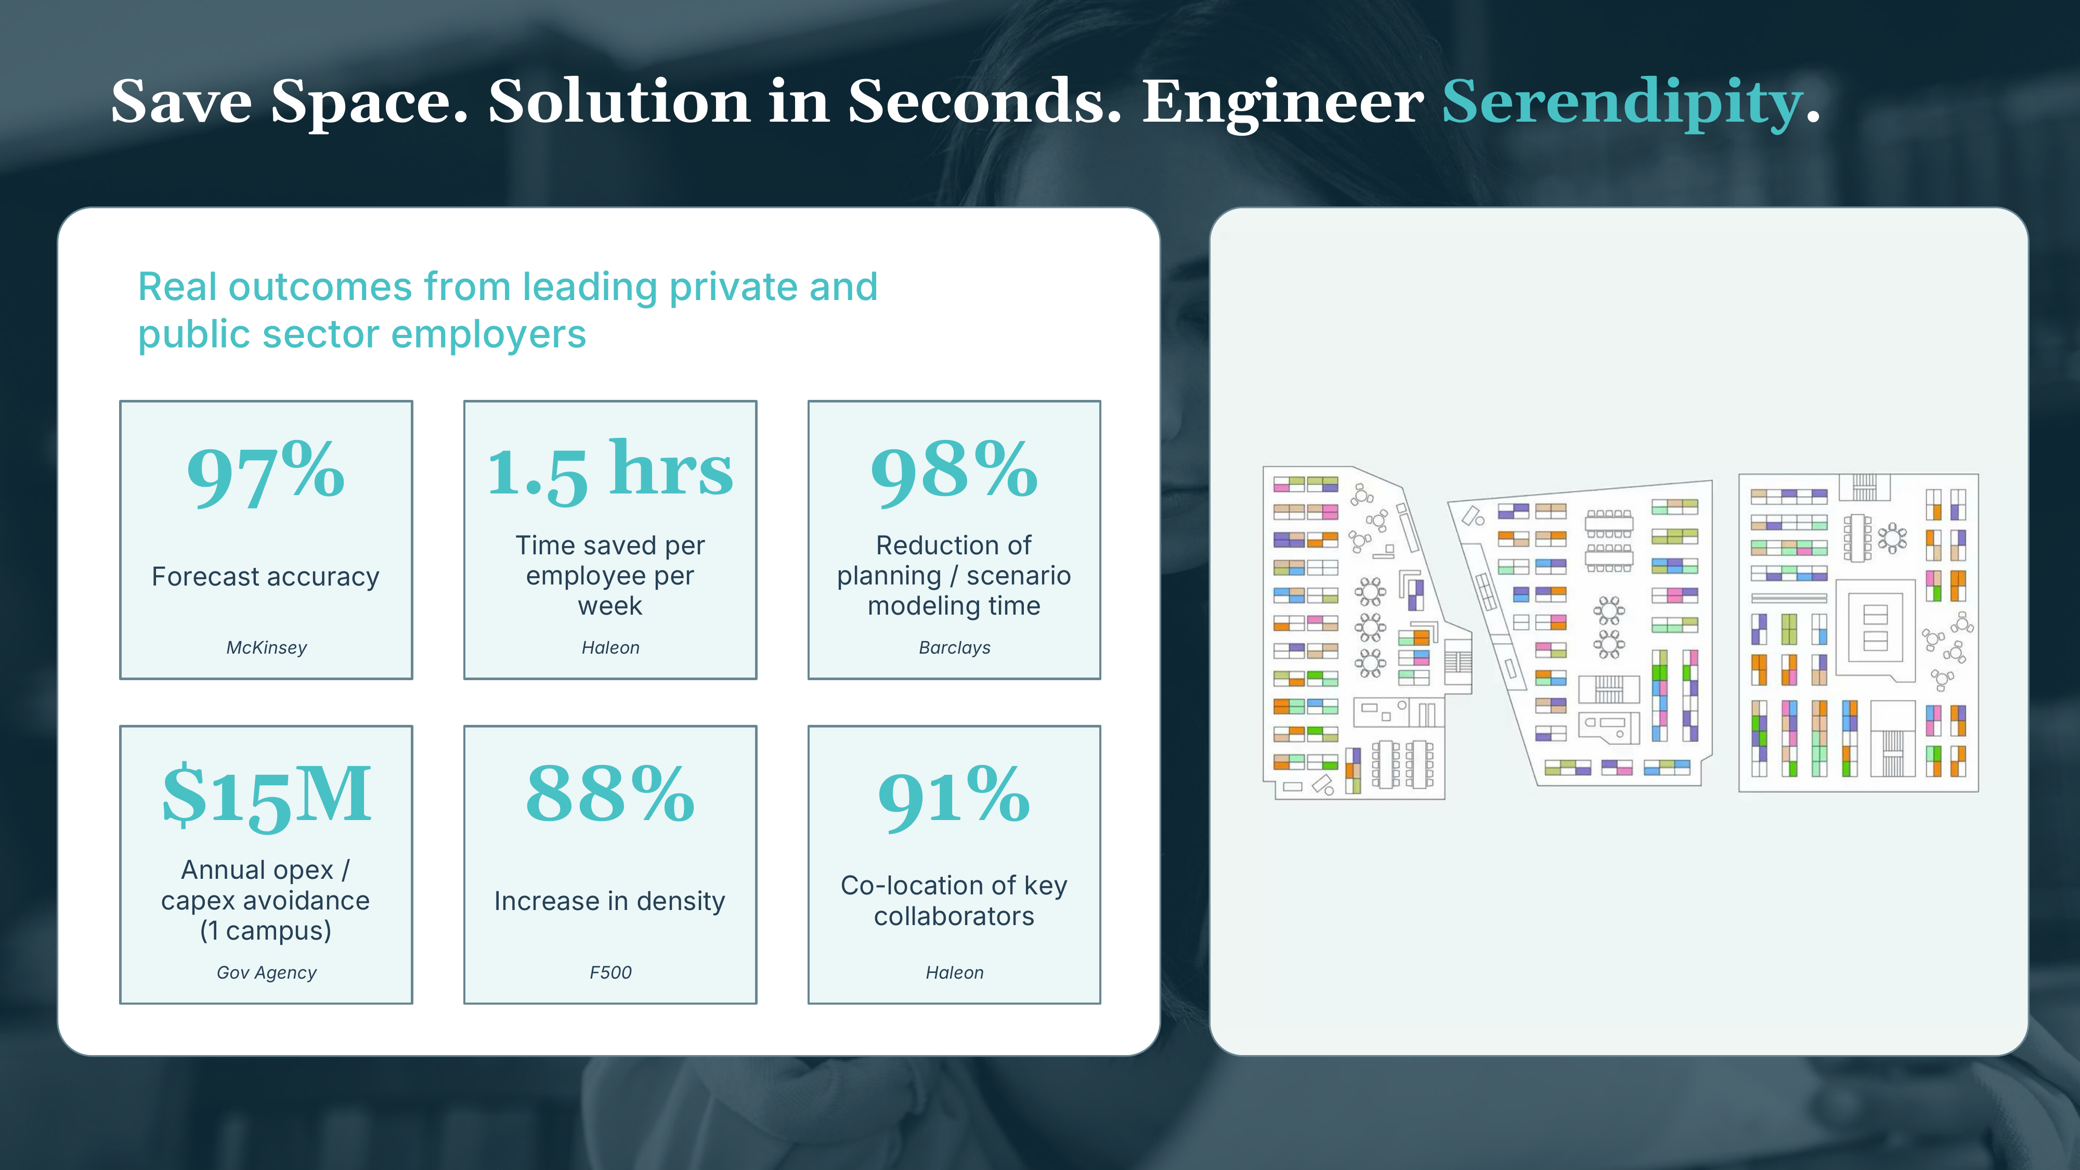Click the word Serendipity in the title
point(1622,102)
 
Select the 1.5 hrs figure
point(610,471)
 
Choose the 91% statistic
point(954,798)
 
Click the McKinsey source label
point(266,647)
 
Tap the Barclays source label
point(954,647)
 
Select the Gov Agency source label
point(266,973)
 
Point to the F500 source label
point(610,972)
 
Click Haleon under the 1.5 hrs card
point(610,647)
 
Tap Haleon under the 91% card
point(954,972)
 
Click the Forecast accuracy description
point(266,577)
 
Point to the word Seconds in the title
point(985,102)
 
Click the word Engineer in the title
point(1283,102)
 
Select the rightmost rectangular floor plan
point(1858,633)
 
